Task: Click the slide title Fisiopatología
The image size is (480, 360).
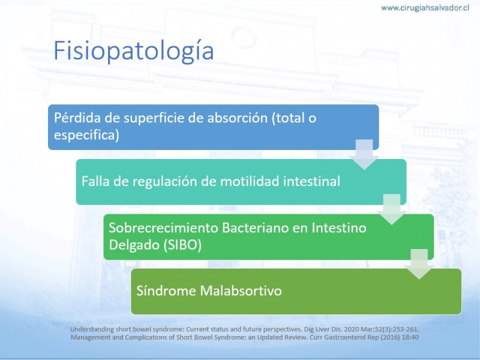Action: coord(133,51)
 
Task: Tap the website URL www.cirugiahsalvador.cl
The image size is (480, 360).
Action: coord(425,8)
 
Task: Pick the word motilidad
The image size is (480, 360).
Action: coord(250,181)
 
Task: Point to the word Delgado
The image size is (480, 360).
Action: coord(134,245)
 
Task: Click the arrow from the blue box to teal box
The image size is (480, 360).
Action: coord(364,155)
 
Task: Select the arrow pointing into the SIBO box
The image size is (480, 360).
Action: coord(392,209)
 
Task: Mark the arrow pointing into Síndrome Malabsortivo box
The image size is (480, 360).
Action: coord(419,264)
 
